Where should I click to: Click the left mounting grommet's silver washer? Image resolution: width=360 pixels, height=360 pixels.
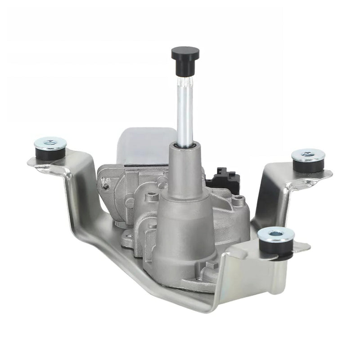point(50,143)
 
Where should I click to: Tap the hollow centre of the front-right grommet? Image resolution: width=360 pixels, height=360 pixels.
point(276,234)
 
